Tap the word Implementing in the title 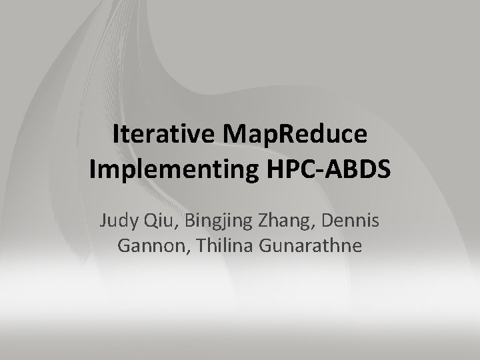(169, 169)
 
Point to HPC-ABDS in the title (325, 169)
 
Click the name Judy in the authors (119, 219)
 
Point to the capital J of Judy (103, 219)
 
